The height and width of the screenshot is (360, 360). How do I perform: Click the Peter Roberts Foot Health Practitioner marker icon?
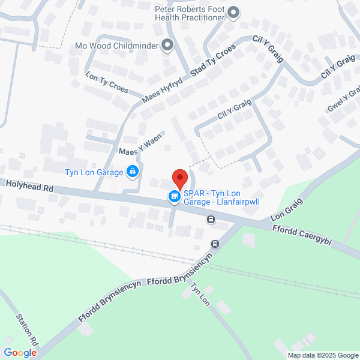pos(234,12)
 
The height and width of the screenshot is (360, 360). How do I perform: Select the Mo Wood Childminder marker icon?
pos(167,44)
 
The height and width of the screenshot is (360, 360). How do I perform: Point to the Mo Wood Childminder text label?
pos(117,45)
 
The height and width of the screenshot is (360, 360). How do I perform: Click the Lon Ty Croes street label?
pos(107,83)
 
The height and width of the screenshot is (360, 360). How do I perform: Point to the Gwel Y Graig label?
pos(344,99)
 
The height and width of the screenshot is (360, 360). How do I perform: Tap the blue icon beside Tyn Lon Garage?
pos(133,173)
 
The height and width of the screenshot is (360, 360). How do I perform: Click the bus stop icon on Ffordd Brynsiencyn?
pos(215,244)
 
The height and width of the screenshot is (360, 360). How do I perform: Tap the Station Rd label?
pos(28,329)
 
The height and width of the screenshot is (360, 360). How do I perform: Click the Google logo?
pos(20,352)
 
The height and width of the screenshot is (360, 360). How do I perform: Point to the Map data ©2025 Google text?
pos(322,355)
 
